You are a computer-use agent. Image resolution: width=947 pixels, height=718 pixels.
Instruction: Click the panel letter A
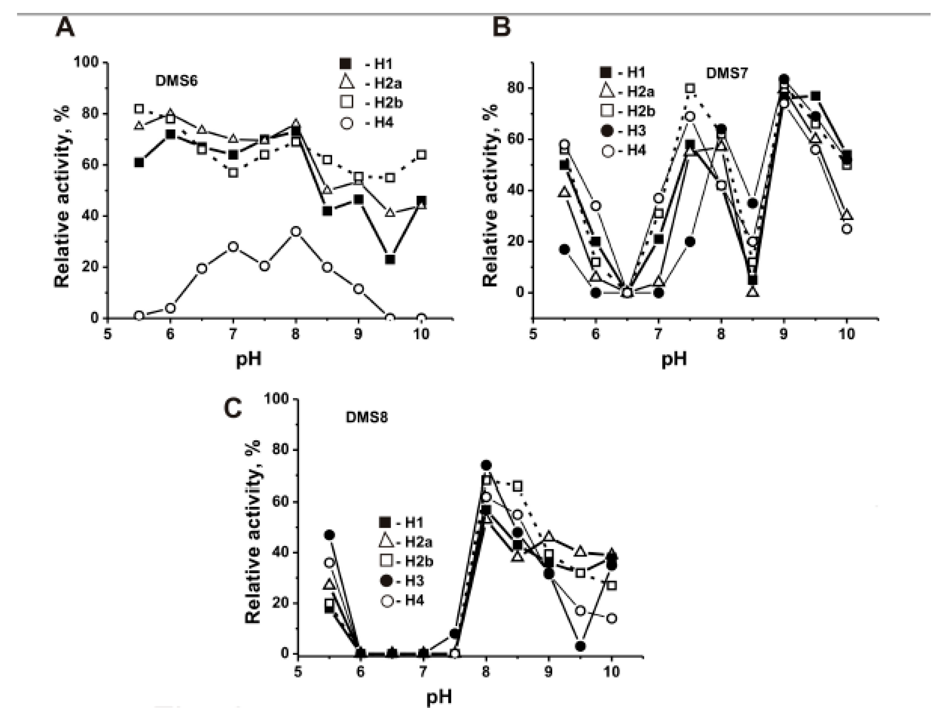[x=65, y=29]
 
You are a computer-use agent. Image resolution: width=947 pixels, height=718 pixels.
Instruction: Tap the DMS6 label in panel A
[x=176, y=81]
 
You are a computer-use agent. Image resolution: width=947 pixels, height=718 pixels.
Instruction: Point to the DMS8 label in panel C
[x=367, y=417]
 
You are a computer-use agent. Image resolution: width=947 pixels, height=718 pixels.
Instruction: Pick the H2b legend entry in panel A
[x=369, y=103]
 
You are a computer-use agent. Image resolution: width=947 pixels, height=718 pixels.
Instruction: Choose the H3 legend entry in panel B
[x=627, y=130]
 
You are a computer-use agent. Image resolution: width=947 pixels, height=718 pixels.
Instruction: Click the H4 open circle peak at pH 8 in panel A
[x=295, y=232]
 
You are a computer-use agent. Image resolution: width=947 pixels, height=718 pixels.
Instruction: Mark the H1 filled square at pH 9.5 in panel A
[x=389, y=260]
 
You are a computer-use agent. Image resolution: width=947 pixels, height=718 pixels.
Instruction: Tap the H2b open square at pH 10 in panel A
[x=421, y=155]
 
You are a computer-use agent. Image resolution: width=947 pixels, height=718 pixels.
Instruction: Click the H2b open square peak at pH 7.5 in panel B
[x=690, y=89]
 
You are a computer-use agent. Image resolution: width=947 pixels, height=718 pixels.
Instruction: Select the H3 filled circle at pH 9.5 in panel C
[x=580, y=646]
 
